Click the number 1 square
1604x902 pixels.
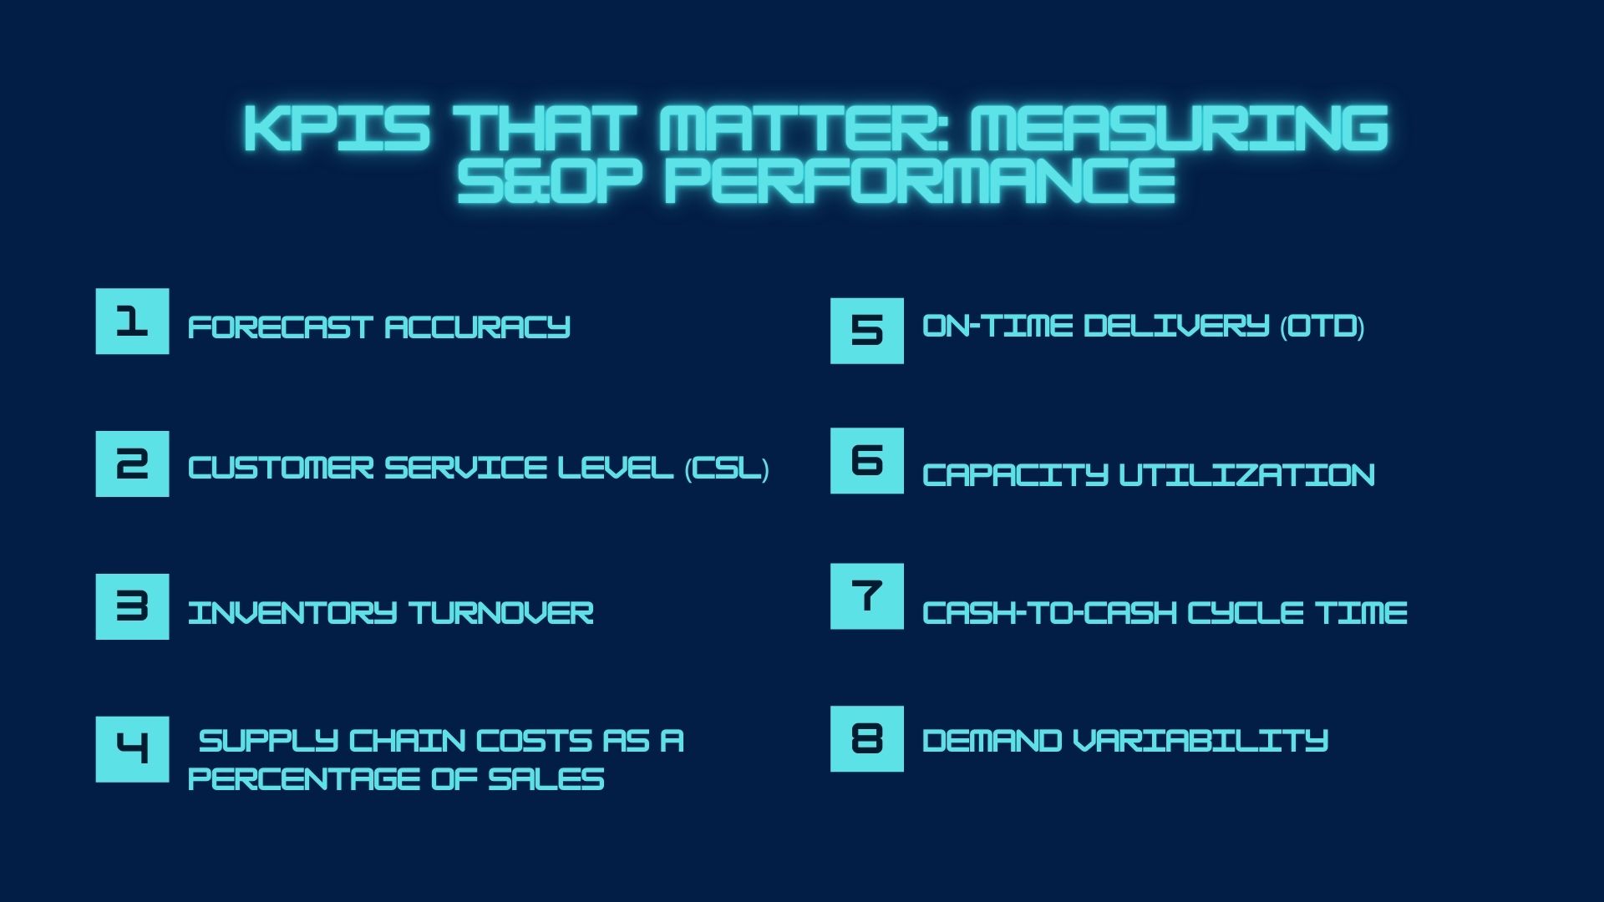tap(132, 322)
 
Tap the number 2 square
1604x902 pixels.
tap(132, 464)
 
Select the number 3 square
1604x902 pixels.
tap(132, 607)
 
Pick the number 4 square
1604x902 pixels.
tap(132, 749)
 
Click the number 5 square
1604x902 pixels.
tap(867, 331)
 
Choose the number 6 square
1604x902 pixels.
tap(867, 461)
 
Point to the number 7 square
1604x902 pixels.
tap(867, 596)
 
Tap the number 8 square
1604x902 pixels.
tap(867, 739)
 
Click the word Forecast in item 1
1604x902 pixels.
tap(280, 327)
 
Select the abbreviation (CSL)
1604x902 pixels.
tap(727, 468)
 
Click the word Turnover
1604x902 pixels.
tap(501, 613)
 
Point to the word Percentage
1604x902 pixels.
tap(303, 779)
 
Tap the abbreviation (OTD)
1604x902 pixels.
tap(1322, 326)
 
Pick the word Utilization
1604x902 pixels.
tap(1246, 475)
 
